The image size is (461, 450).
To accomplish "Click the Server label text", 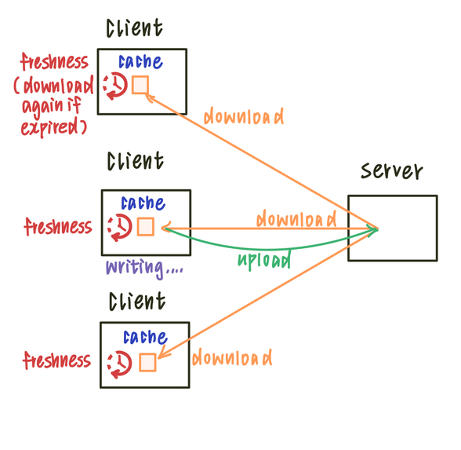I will click(391, 172).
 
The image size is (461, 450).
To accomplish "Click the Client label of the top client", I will click(135, 29).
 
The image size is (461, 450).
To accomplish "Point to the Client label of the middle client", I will click(136, 162).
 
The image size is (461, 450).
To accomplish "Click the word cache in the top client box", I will click(140, 62).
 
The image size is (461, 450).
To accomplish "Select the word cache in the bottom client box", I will click(145, 338).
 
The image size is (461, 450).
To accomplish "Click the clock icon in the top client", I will click(114, 86).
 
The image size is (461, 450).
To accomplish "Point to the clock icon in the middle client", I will click(120, 227).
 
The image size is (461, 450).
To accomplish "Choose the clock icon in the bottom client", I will click(120, 363).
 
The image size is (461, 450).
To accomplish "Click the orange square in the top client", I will click(140, 85).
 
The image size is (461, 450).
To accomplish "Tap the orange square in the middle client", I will click(146, 227).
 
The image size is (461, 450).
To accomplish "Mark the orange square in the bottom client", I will click(147, 362).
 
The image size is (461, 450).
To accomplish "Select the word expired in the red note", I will click(56, 126).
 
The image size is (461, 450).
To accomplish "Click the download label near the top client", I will click(243, 117).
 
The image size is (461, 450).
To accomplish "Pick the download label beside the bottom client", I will click(232, 358).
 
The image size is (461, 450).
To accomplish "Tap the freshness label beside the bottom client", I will click(57, 361).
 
